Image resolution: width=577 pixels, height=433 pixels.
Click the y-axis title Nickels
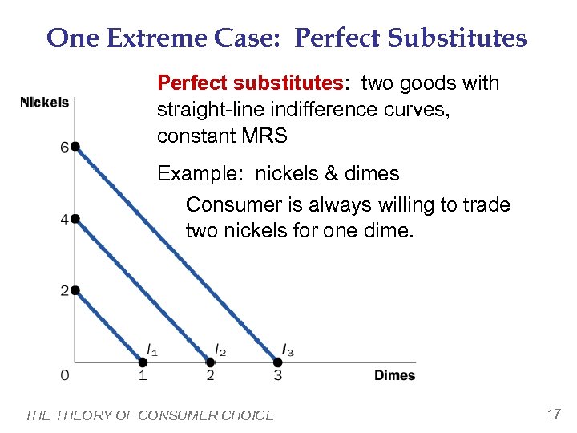point(44,103)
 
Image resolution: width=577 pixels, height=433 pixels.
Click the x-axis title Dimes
point(394,375)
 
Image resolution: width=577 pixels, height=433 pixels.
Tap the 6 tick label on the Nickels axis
point(63,148)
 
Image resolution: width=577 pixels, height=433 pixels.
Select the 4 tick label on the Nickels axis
point(63,219)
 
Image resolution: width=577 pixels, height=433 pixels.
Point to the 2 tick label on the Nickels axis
point(63,290)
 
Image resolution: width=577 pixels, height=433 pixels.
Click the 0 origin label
point(64,375)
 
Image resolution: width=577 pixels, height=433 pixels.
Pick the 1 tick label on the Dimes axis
point(142,375)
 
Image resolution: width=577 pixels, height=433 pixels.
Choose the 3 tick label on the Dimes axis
point(277,375)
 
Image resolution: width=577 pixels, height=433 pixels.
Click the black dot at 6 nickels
point(75,147)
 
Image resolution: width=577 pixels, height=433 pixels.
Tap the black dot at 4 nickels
point(75,218)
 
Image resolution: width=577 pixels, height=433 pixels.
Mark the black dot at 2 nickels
point(75,290)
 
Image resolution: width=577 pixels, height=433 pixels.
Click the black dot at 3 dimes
point(277,362)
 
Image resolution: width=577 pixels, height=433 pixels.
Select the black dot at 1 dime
point(143,362)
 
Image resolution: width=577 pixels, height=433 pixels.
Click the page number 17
point(553,414)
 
